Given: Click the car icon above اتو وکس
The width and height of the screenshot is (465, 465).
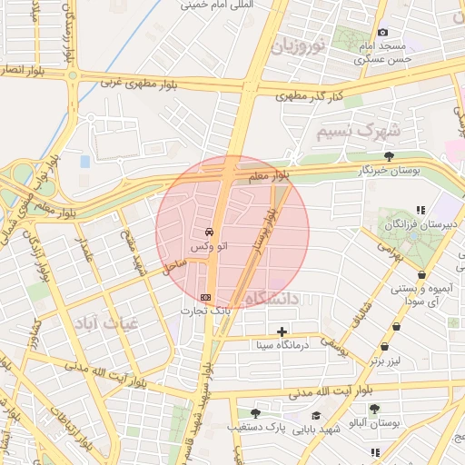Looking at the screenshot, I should tap(210, 231).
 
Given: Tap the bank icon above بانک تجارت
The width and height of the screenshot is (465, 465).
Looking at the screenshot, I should tap(205, 297).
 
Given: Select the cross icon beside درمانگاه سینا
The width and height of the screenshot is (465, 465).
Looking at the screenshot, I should tap(282, 332).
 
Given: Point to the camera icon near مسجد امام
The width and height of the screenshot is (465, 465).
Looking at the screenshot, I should tap(382, 33).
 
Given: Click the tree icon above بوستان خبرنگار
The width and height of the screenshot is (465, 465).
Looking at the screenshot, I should tap(389, 156).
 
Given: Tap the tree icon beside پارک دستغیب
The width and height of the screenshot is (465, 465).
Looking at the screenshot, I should tap(241, 426).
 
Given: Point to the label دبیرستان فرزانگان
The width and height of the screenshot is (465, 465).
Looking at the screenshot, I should tap(420, 223).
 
